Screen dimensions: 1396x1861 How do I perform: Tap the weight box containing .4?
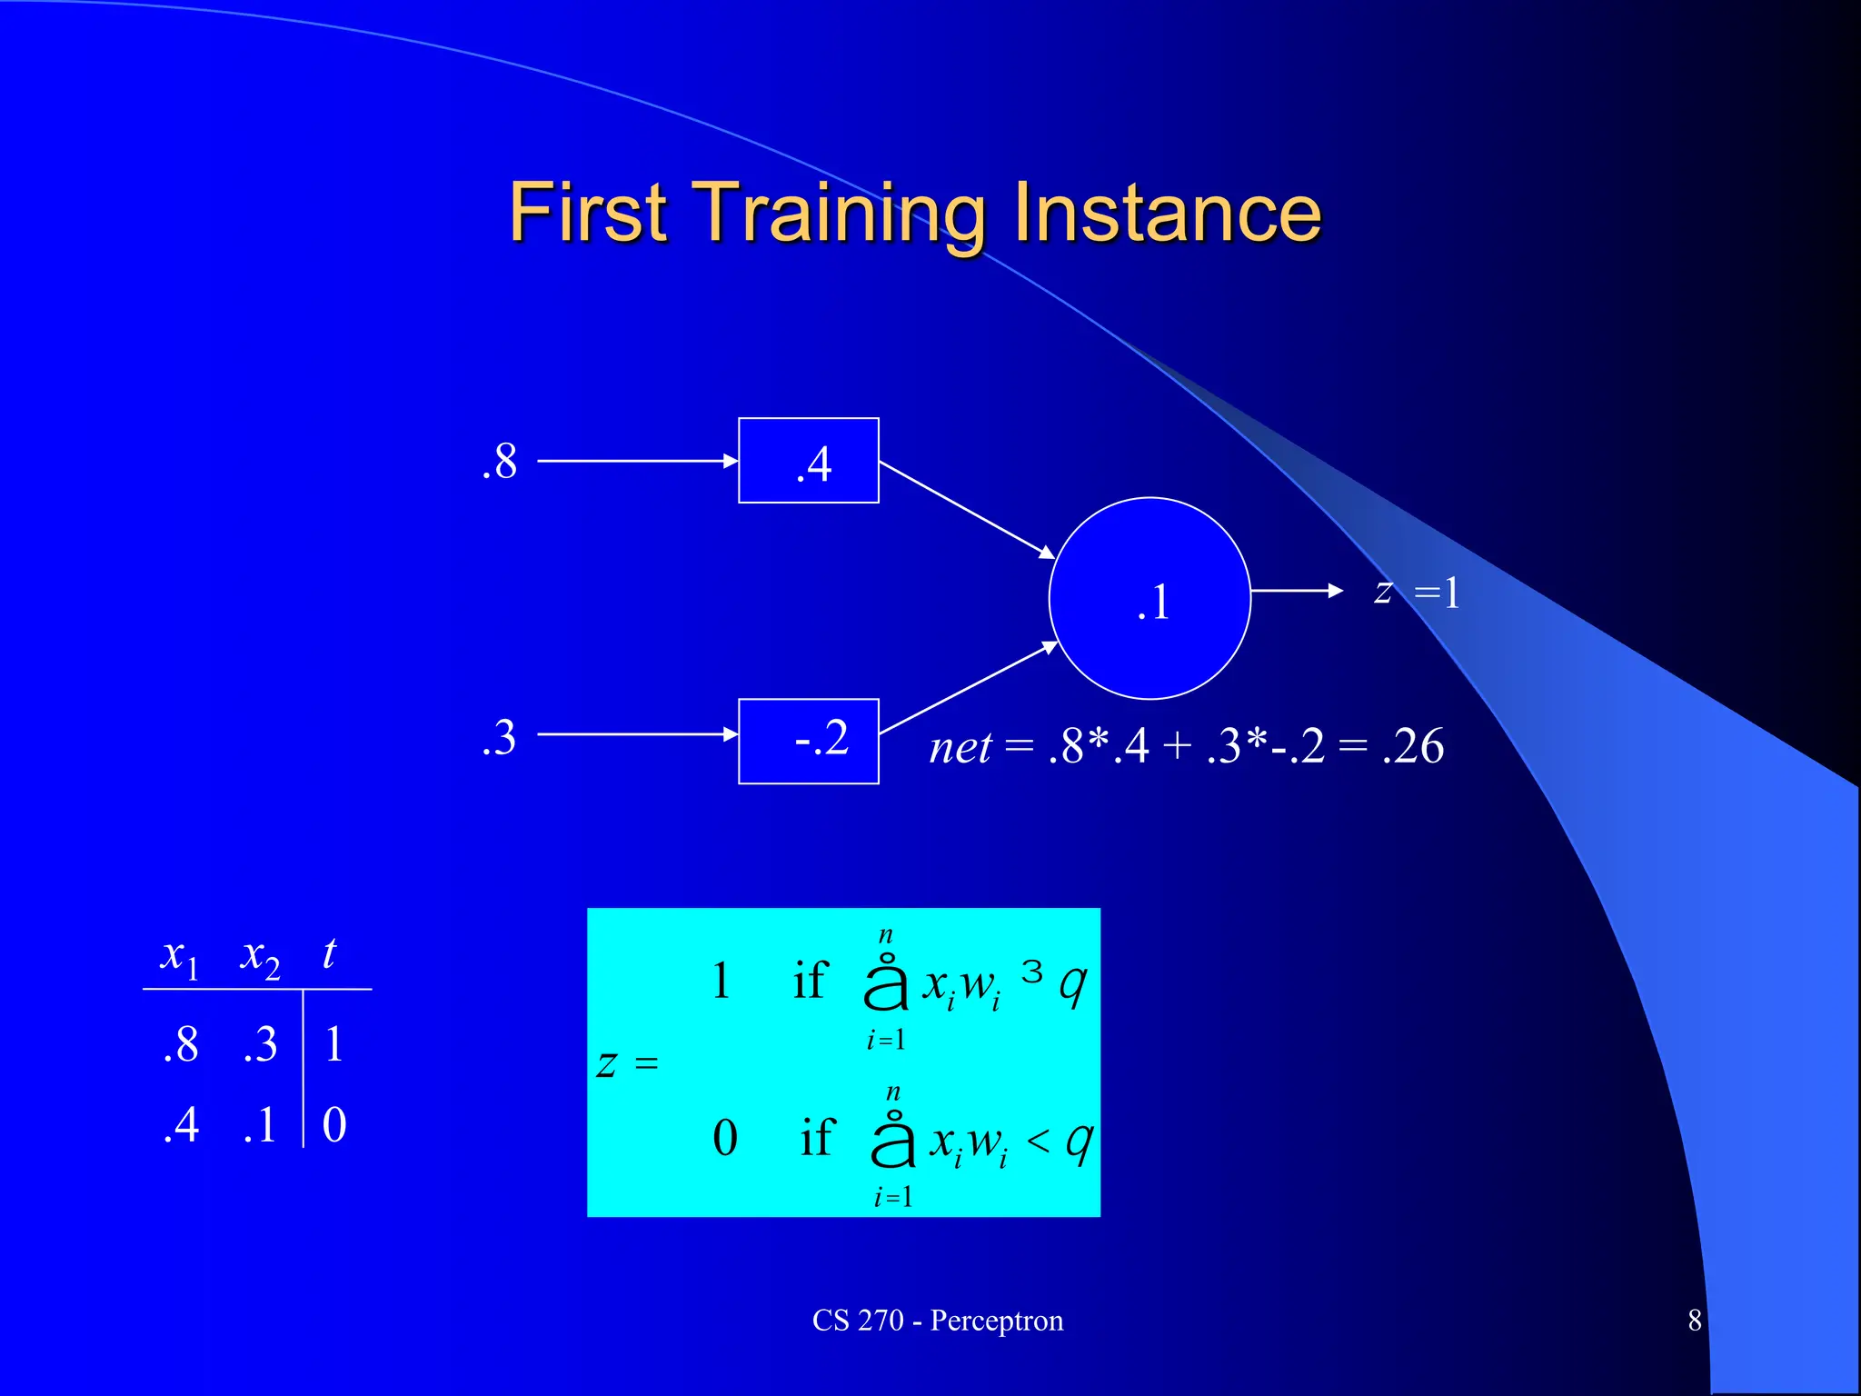(808, 461)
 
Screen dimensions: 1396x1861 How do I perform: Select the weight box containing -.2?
(808, 741)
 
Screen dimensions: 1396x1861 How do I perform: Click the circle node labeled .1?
(1149, 598)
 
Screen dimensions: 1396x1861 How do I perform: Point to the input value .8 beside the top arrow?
(500, 462)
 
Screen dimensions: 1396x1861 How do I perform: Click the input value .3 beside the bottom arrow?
(500, 737)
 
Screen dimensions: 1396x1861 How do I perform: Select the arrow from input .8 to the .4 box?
(636, 461)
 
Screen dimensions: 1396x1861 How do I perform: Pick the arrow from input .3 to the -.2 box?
(636, 733)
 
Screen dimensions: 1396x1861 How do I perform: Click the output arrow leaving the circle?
(1296, 591)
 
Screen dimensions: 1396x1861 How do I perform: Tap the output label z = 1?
(1418, 593)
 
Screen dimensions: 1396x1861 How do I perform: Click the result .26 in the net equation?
(1413, 746)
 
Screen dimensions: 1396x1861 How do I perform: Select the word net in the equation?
(960, 748)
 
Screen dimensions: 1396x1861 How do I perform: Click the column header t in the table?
(329, 953)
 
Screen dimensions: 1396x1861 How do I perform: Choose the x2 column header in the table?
(260, 957)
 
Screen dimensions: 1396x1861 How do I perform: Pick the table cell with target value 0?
(334, 1124)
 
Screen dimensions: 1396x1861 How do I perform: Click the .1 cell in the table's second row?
(260, 1125)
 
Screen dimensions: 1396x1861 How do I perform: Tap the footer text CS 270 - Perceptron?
(937, 1320)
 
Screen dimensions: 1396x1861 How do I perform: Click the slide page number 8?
(1694, 1320)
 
